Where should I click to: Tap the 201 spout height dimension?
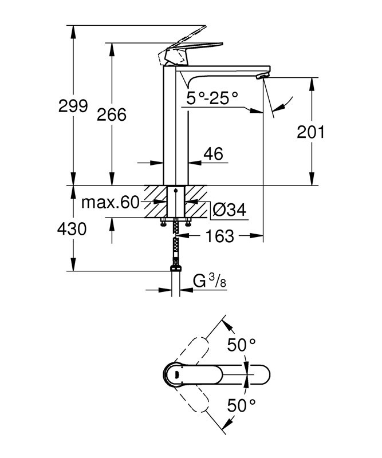click(x=311, y=132)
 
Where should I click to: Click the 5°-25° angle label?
click(x=211, y=98)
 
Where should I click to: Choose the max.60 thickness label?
click(x=110, y=203)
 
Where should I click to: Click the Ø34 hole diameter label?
click(x=229, y=210)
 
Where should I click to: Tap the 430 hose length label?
click(x=72, y=230)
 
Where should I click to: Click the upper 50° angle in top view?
click(x=241, y=345)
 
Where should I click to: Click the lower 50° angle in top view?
click(x=241, y=406)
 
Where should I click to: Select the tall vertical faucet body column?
click(x=176, y=126)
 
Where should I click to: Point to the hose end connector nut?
click(x=176, y=268)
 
